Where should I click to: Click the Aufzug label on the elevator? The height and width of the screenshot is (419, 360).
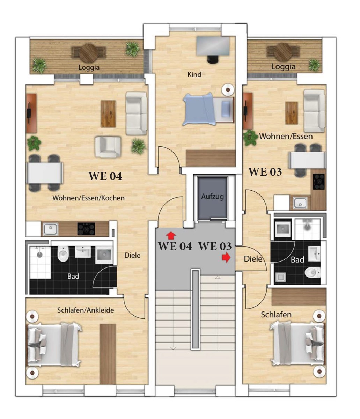tap(212, 196)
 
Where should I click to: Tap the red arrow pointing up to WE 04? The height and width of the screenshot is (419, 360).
tap(171, 236)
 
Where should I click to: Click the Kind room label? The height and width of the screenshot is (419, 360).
tap(194, 74)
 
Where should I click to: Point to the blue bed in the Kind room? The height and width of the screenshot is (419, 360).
tap(208, 109)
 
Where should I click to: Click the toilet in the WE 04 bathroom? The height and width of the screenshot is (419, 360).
tap(63, 254)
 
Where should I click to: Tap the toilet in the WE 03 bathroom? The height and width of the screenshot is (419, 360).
tap(313, 272)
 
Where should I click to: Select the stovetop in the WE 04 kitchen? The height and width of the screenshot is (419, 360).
tap(86, 229)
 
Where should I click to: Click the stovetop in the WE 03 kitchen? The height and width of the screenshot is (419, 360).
tap(318, 182)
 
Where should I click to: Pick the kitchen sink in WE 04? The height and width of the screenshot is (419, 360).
tap(50, 229)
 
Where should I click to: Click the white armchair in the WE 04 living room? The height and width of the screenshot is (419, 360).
tap(108, 147)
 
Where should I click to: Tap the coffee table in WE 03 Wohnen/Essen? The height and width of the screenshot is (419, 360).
tap(292, 113)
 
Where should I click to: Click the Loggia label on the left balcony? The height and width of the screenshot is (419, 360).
tap(89, 67)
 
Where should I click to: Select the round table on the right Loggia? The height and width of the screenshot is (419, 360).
tap(283, 52)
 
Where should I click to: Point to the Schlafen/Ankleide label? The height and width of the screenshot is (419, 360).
tap(86, 310)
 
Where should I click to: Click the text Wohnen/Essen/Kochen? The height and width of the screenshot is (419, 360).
tap(88, 198)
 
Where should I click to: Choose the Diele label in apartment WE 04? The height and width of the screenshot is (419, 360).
tap(132, 255)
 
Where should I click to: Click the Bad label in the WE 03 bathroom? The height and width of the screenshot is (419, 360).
tap(297, 260)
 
